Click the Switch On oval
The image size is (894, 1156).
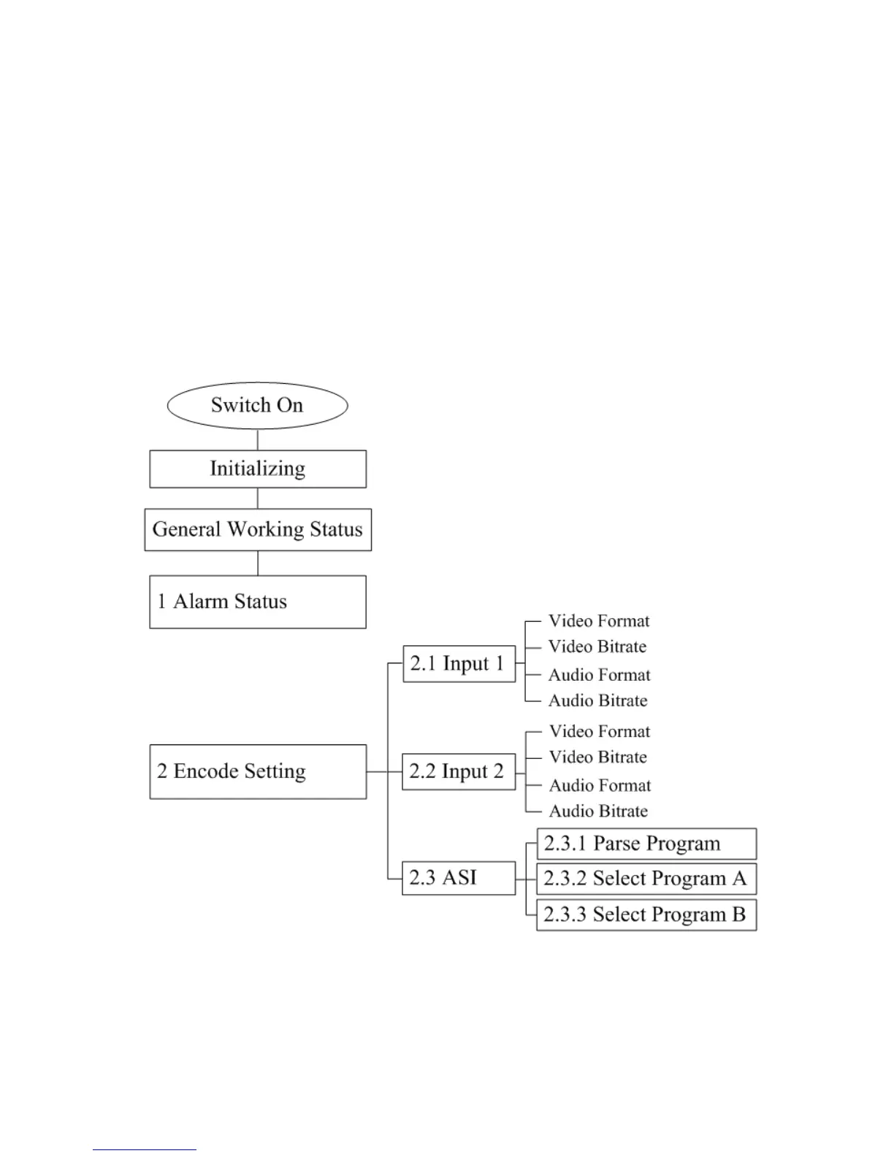tap(257, 405)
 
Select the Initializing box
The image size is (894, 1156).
tap(257, 469)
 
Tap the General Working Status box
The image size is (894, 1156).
tap(257, 529)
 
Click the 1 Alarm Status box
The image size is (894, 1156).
tap(257, 601)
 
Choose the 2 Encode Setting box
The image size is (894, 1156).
tap(257, 771)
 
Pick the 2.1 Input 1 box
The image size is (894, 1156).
tap(458, 663)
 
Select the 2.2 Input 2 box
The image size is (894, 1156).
tap(458, 771)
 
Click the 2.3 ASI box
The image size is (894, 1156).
tap(458, 877)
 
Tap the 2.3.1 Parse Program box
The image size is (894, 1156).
tap(646, 844)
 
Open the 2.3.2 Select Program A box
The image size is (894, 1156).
tap(646, 879)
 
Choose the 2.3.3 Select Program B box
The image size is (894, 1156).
tap(646, 914)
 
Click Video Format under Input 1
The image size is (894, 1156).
tap(599, 621)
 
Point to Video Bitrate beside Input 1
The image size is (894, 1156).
tap(597, 647)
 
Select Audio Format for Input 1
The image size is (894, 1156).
tap(599, 675)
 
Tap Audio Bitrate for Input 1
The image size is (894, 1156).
tap(598, 701)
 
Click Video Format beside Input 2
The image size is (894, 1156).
tap(600, 731)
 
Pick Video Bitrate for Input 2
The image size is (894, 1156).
tap(598, 757)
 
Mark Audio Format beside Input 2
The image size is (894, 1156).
tap(600, 785)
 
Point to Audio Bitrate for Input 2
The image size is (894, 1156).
tap(599, 811)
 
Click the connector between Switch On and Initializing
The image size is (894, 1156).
tap(257, 439)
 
